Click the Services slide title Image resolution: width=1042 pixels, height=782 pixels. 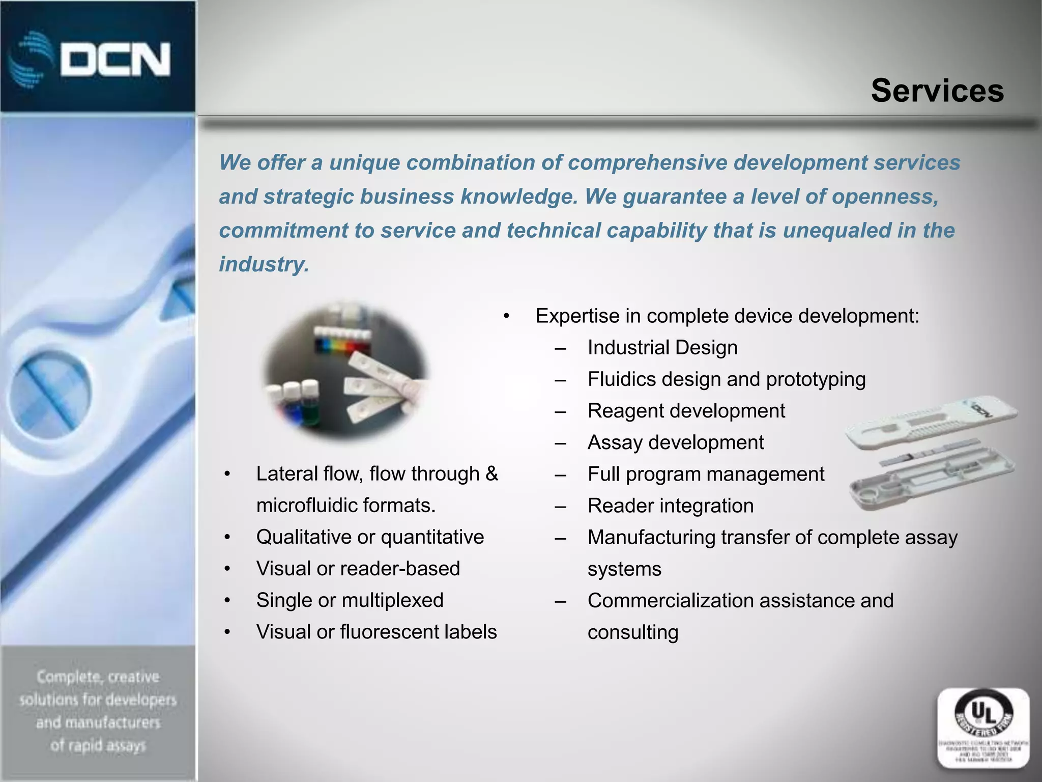pyautogui.click(x=937, y=91)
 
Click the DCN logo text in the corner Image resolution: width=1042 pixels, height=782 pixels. pyautogui.click(x=115, y=60)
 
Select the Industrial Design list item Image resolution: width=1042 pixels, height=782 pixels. pyautogui.click(x=662, y=348)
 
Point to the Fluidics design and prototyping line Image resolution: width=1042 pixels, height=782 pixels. pyautogui.click(x=726, y=379)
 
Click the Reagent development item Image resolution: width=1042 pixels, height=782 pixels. pyautogui.click(x=686, y=411)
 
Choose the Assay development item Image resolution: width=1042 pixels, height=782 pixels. pyautogui.click(x=675, y=442)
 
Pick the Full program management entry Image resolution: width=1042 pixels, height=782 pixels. pyautogui.click(x=705, y=474)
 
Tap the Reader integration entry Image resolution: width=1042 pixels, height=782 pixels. pyautogui.click(x=670, y=506)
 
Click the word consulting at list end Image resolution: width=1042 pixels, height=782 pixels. pyautogui.click(x=632, y=632)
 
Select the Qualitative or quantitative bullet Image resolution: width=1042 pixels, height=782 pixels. pyautogui.click(x=370, y=537)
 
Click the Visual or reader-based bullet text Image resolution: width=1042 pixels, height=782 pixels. pyautogui.click(x=358, y=569)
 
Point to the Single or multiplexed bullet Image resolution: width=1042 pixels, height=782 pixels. pyautogui.click(x=350, y=600)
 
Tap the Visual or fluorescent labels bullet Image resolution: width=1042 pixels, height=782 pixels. pyautogui.click(x=376, y=632)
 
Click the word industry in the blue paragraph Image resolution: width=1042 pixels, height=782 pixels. pyautogui.click(x=263, y=264)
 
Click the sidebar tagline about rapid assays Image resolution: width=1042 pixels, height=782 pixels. pyautogui.click(x=98, y=711)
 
